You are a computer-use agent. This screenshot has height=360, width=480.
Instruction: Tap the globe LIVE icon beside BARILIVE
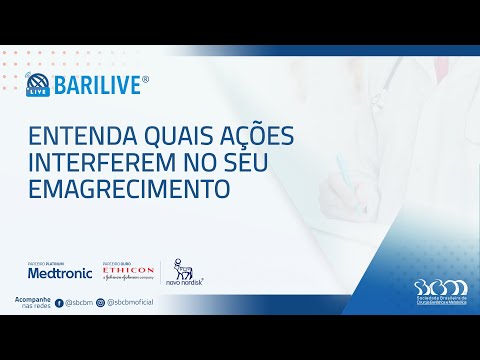(37, 84)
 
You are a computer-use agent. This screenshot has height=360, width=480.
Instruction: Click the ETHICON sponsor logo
(128, 270)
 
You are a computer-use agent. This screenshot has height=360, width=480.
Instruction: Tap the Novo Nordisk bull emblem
(182, 265)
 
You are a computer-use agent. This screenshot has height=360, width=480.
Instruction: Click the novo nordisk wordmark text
(184, 281)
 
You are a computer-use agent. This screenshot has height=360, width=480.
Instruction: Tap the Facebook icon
(59, 301)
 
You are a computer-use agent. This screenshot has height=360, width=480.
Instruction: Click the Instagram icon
(100, 301)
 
